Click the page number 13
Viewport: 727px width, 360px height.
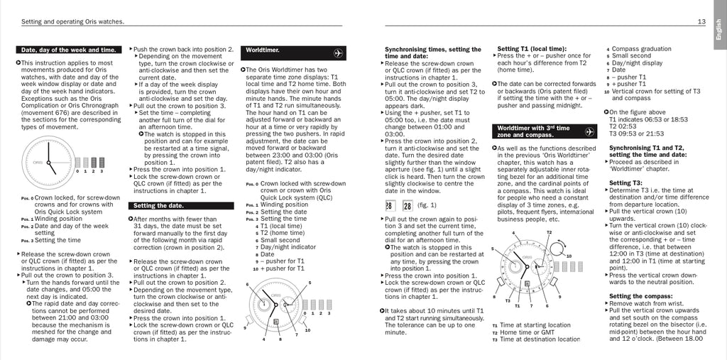tap(701, 21)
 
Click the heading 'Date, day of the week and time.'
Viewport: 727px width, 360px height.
tap(68, 50)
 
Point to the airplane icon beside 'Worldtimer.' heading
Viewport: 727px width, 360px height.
tap(338, 52)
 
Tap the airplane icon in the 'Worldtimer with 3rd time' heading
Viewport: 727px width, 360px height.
tap(589, 131)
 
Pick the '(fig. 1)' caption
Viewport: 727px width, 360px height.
tap(427, 206)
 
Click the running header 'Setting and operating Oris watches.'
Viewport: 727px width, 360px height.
tap(73, 22)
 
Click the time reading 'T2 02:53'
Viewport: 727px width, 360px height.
tap(623, 126)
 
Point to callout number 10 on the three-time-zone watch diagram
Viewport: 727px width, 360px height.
tap(567, 256)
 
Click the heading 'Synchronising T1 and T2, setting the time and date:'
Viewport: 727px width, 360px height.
tap(647, 151)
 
